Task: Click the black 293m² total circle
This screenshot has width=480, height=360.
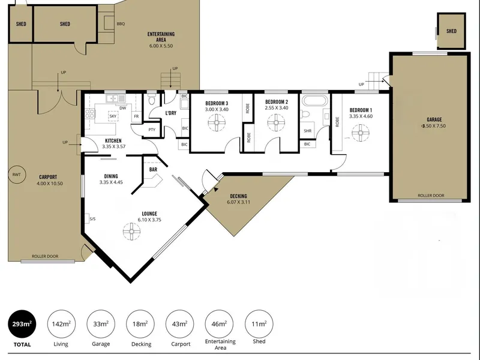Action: tap(22, 324)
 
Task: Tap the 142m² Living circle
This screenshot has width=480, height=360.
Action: tap(61, 324)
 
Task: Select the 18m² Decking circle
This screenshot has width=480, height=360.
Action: tap(140, 324)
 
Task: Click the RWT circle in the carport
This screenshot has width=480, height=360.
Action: tap(17, 175)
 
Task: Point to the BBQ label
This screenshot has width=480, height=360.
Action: tap(121, 24)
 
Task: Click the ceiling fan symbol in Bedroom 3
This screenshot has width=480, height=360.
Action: tap(217, 122)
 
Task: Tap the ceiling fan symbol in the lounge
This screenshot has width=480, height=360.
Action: tap(132, 232)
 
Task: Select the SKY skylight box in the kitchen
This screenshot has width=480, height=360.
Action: tap(113, 116)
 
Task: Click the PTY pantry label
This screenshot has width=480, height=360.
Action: tap(152, 130)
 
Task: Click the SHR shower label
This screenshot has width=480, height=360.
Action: tap(308, 131)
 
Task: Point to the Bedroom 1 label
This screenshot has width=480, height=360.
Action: tap(361, 110)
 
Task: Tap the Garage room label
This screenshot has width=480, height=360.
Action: tap(434, 119)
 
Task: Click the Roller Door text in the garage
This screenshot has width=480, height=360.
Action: tap(431, 196)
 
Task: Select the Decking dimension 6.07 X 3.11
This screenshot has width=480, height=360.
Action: tap(238, 202)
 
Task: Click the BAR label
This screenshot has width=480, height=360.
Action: tap(153, 169)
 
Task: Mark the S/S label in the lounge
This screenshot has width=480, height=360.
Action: tap(92, 219)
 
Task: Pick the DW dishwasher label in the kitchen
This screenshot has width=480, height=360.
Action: tap(122, 108)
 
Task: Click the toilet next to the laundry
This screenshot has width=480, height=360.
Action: tap(152, 100)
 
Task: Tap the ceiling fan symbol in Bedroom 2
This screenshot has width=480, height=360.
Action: tap(277, 122)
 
